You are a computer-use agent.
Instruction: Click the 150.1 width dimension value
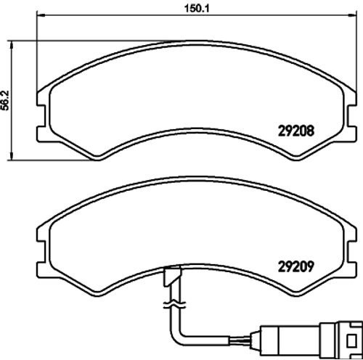pyautogui.click(x=197, y=9)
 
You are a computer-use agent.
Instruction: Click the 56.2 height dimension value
pyautogui.click(x=5, y=100)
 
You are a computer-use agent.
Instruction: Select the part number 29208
pyautogui.click(x=296, y=131)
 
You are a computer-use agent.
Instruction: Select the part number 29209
pyautogui.click(x=296, y=266)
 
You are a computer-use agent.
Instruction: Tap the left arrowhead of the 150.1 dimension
pyautogui.click(x=41, y=15)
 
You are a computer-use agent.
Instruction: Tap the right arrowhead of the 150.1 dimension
pyautogui.click(x=352, y=15)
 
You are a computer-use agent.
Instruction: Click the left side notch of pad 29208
pyautogui.click(x=41, y=115)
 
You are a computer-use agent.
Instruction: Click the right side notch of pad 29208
pyautogui.click(x=352, y=115)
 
